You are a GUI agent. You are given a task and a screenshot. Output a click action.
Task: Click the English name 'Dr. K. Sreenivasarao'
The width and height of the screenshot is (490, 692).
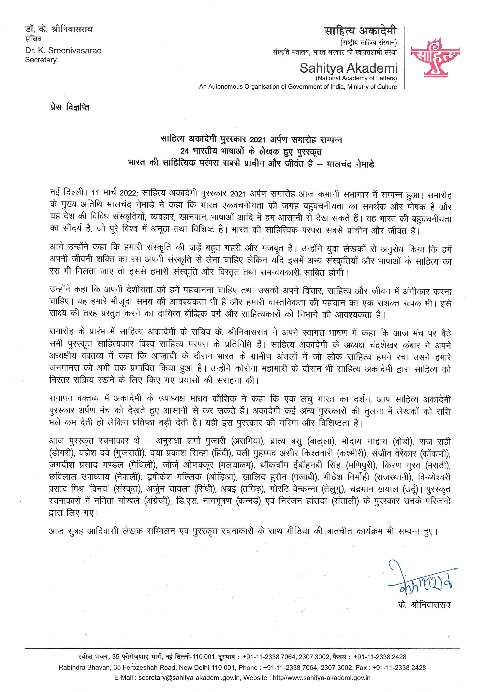pyautogui.click(x=63, y=51)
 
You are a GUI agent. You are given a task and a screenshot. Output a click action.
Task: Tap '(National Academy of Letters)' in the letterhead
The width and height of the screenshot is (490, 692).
pyautogui.click(x=356, y=78)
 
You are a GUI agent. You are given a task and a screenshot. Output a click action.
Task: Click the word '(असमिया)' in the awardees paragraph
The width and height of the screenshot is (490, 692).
pyautogui.click(x=248, y=442)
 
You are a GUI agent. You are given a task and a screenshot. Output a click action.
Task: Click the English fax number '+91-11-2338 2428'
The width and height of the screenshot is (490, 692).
pyautogui.click(x=399, y=668)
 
